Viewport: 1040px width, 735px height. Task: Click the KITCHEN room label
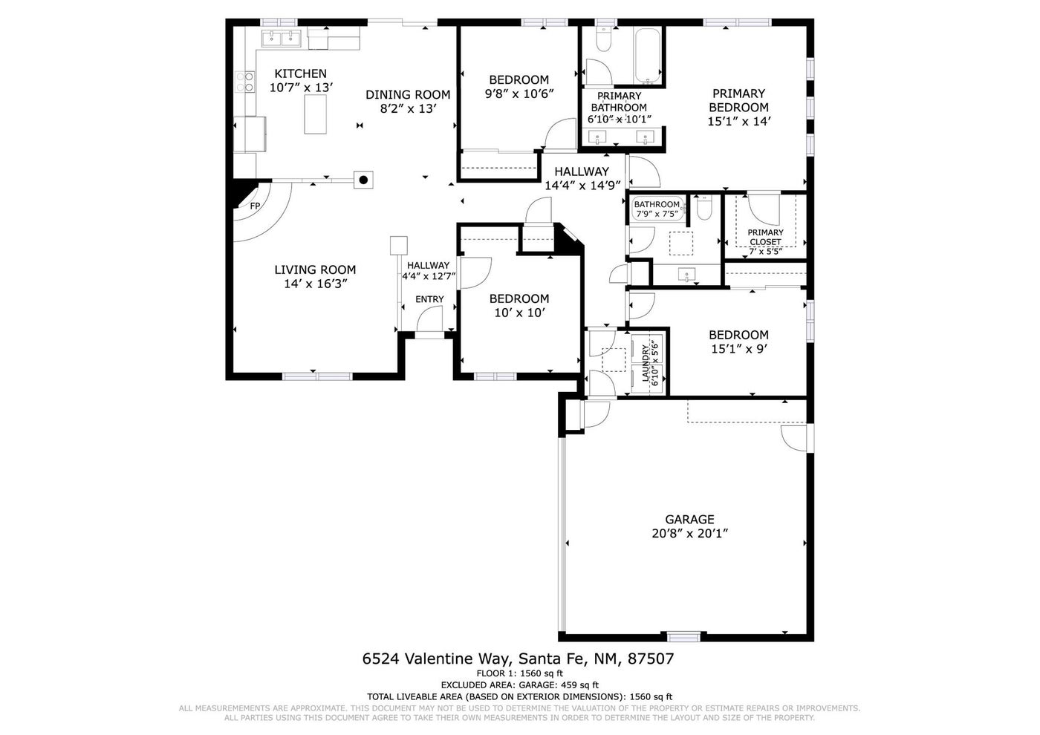(300, 73)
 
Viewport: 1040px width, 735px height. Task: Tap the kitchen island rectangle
(315, 114)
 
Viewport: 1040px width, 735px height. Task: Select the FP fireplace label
(255, 206)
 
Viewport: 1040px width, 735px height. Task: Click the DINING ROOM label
(408, 95)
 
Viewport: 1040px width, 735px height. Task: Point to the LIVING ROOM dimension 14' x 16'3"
(316, 284)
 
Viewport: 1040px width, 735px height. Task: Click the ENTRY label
(429, 299)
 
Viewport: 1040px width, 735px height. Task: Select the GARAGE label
(689, 519)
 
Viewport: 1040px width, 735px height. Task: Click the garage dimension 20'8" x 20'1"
(689, 534)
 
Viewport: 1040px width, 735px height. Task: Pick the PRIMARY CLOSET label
(765, 237)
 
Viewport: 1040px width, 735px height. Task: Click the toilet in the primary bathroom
(603, 39)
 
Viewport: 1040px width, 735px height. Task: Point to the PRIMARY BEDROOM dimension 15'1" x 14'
(738, 122)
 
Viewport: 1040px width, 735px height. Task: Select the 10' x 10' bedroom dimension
(519, 313)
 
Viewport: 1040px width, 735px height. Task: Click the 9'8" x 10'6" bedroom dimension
(519, 94)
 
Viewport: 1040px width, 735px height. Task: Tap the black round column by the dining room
(364, 180)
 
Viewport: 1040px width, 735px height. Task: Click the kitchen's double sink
(282, 39)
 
